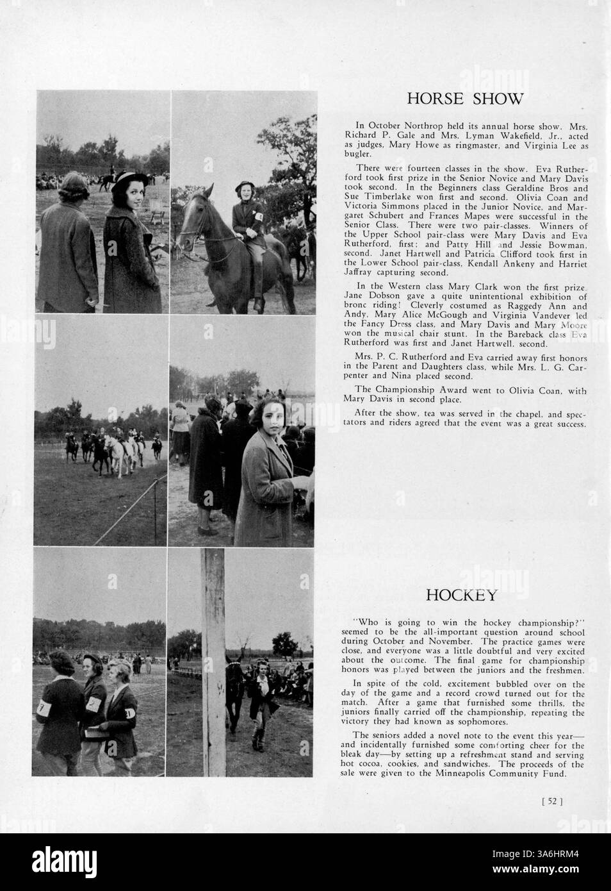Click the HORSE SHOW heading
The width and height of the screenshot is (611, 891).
(x=466, y=99)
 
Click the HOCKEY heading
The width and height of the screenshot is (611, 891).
(x=461, y=595)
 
